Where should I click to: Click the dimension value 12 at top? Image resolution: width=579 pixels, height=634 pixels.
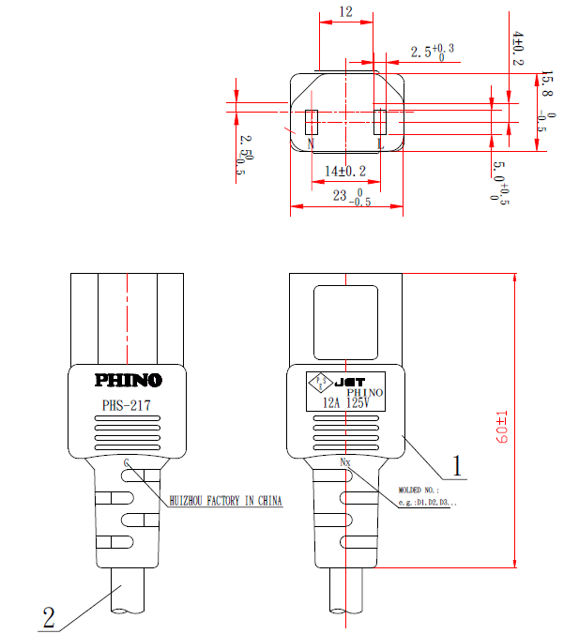[346, 12]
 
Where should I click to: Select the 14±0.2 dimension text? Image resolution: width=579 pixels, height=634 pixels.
[345, 171]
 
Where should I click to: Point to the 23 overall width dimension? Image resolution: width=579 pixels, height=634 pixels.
[345, 197]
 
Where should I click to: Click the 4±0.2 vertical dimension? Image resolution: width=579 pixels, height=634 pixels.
[518, 48]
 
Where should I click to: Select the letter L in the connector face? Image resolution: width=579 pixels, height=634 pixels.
[380, 143]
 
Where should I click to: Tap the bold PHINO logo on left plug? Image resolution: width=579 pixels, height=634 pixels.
[128, 381]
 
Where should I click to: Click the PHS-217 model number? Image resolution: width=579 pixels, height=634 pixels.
[126, 406]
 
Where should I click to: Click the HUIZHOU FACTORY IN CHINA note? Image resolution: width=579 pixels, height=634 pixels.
[225, 501]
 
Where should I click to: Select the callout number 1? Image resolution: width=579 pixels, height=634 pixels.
[457, 464]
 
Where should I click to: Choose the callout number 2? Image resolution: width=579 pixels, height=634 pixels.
[48, 618]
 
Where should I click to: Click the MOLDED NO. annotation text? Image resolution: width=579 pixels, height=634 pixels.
[418, 490]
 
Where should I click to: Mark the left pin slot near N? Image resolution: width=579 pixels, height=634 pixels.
[313, 121]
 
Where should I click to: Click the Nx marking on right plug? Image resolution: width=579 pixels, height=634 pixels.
[344, 461]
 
